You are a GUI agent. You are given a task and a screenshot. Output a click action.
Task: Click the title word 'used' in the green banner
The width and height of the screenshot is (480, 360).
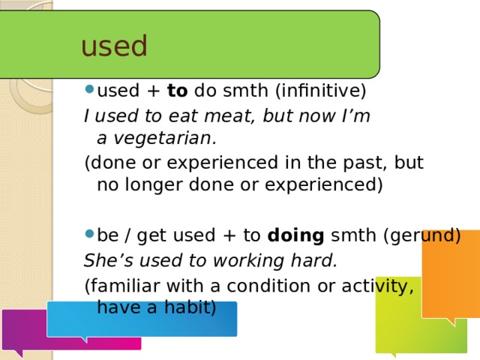(x=114, y=46)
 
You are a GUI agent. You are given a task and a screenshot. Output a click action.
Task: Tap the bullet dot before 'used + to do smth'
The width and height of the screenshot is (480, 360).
(x=89, y=89)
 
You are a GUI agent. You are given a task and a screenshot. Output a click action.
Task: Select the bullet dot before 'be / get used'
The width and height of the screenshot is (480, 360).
(x=89, y=234)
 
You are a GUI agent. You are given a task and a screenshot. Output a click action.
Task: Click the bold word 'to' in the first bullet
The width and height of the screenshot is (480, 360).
(x=177, y=91)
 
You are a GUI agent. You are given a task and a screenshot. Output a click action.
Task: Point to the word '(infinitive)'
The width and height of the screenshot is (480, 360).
(x=320, y=91)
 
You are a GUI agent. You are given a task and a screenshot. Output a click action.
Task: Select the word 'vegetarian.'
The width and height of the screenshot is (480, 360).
(x=165, y=139)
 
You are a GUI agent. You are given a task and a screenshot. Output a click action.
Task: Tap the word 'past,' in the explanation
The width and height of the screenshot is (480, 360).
(x=364, y=163)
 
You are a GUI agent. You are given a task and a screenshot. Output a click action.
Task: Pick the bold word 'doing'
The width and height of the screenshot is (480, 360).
(x=295, y=235)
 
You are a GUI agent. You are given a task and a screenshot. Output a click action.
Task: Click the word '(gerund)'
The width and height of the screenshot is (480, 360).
(x=422, y=235)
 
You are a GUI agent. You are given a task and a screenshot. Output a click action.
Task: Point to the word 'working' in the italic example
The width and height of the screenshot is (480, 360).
(x=248, y=261)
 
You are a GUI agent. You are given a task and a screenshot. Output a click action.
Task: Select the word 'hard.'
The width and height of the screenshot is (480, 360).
(x=313, y=260)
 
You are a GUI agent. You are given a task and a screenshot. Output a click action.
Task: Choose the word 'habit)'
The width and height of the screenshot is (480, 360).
(x=190, y=307)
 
